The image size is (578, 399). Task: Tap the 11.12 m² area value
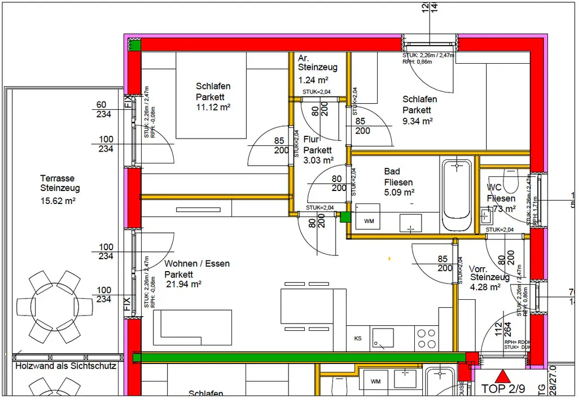tap(213, 107)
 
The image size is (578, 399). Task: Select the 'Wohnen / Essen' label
tap(197, 264)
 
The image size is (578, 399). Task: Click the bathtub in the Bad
tap(456, 195)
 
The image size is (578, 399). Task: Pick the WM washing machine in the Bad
tap(369, 221)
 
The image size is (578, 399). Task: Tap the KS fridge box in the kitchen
tap(358, 339)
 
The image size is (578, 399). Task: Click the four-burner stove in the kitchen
tap(427, 338)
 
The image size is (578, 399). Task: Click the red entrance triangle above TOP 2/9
tap(502, 376)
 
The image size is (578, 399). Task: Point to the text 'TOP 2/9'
tap(504, 389)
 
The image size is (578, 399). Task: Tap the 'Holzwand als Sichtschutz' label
tap(65, 366)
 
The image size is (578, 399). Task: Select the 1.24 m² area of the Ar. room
tap(313, 80)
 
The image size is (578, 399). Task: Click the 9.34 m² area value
tap(417, 121)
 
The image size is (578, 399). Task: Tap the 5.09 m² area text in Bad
tap(399, 193)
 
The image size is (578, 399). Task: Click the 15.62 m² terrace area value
tap(58, 200)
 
